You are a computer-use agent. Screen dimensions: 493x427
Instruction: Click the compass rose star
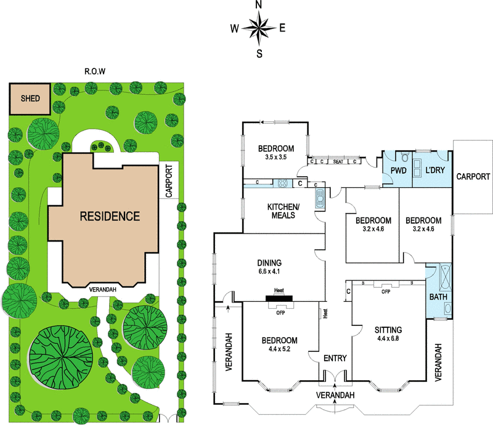259,28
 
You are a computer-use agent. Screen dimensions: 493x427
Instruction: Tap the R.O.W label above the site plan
95,71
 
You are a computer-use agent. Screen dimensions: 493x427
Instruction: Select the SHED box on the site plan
30,99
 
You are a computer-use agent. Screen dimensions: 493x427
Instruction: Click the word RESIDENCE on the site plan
110,216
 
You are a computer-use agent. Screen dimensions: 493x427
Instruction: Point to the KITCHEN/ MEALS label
283,211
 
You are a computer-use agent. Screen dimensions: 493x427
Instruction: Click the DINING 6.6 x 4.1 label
269,267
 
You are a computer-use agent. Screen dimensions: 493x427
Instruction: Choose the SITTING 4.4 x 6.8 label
388,334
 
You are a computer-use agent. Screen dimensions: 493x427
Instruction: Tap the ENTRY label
335,358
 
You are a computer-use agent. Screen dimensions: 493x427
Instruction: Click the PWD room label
399,171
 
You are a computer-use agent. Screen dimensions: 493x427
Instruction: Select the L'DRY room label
435,170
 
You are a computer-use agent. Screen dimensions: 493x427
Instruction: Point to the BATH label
438,297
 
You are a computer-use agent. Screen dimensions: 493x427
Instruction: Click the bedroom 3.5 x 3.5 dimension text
275,157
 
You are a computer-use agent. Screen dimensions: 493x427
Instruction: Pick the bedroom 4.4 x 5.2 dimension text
279,349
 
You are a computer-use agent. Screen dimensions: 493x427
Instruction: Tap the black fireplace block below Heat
279,298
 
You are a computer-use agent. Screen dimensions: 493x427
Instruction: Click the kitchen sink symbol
320,198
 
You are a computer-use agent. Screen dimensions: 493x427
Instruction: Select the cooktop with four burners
283,184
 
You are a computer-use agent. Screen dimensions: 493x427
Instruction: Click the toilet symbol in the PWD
405,157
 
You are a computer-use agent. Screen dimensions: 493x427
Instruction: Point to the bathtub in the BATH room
445,277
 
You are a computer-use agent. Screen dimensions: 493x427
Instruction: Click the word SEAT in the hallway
338,161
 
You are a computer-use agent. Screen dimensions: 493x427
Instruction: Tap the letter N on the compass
259,5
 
